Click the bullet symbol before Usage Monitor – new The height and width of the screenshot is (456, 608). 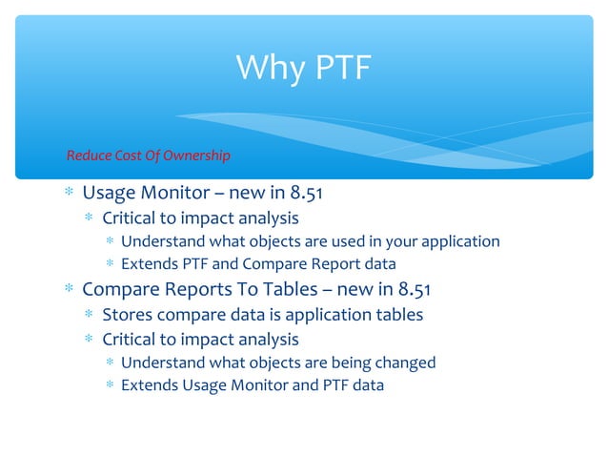click(69, 194)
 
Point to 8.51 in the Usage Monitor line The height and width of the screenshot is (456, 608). click(302, 194)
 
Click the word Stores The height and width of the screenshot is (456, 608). click(126, 314)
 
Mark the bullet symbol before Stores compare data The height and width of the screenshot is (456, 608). click(89, 314)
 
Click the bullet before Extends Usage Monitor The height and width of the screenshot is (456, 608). click(110, 386)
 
